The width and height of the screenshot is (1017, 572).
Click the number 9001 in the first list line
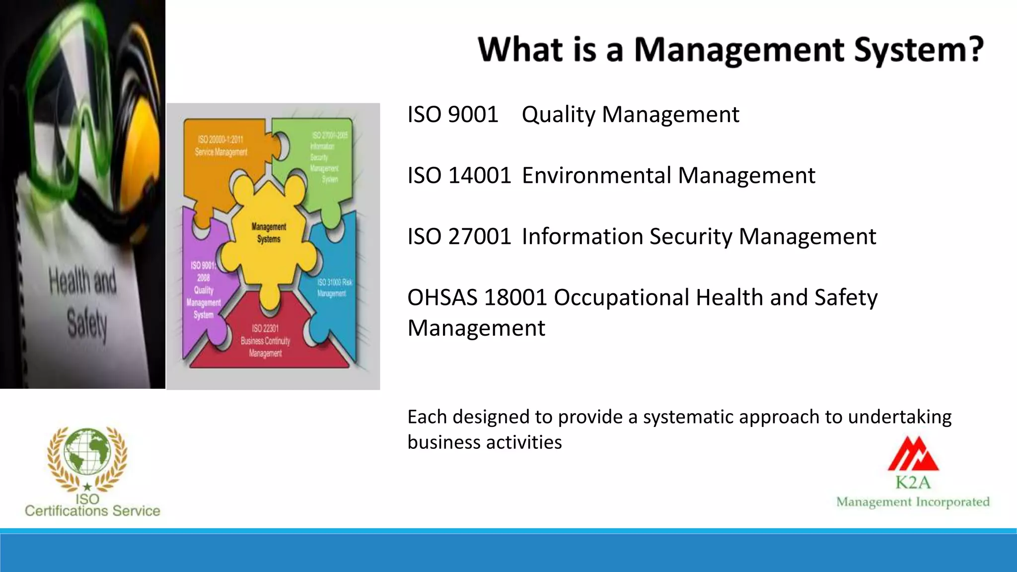[x=473, y=115]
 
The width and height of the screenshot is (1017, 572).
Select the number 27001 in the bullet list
[x=480, y=237]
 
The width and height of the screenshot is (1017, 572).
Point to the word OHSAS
[x=443, y=298]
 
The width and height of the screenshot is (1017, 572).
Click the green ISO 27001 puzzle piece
[x=325, y=159]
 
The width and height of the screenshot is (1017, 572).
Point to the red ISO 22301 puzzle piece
[x=265, y=343]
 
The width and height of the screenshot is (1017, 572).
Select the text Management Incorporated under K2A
[x=913, y=502]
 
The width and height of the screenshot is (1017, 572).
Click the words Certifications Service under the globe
[x=92, y=511]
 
